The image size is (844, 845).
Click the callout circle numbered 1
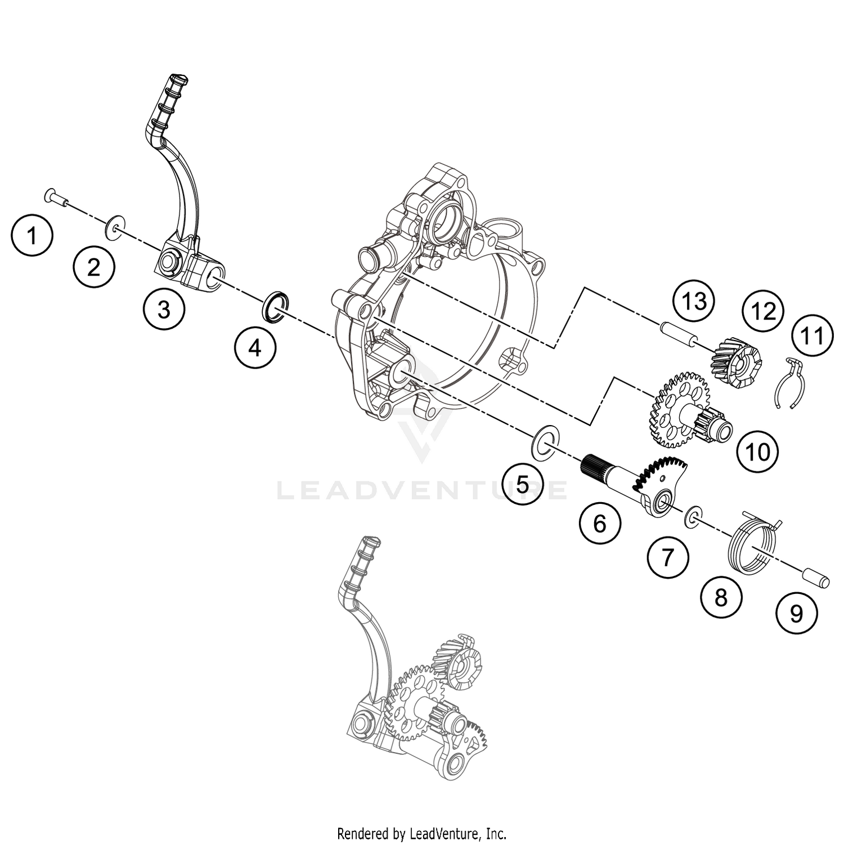(x=32, y=236)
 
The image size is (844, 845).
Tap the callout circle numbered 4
(x=255, y=348)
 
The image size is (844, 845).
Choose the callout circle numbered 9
(x=796, y=614)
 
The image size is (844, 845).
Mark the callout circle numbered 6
(x=600, y=524)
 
